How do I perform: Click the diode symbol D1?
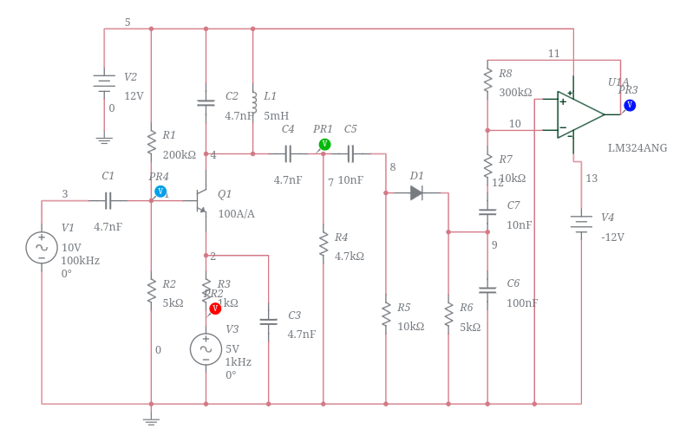(416, 192)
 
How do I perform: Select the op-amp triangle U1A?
(579, 114)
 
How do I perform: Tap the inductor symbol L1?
(253, 102)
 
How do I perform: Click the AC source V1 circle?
(42, 247)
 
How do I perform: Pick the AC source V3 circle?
(206, 349)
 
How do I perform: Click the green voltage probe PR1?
(324, 144)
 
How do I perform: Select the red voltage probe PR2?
(215, 308)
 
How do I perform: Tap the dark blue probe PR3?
(630, 105)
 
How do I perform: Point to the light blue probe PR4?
(160, 191)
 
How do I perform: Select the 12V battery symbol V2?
(104, 81)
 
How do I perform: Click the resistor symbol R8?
(487, 81)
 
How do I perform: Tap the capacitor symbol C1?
(108, 201)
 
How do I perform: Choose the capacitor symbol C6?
(487, 289)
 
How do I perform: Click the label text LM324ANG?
(637, 148)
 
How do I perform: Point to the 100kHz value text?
(80, 261)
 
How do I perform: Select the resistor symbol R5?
(386, 315)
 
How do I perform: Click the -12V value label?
(612, 237)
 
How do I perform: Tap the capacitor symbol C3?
(268, 322)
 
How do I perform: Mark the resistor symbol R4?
(324, 244)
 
